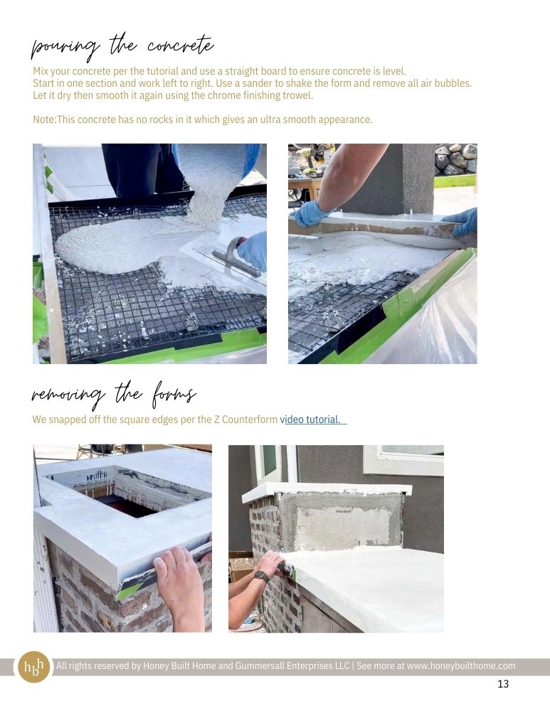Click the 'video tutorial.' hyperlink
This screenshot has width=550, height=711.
pos(313,419)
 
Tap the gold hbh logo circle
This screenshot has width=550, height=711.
pos(34,667)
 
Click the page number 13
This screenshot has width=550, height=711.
pos(503,684)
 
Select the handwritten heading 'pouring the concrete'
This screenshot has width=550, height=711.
pos(122,48)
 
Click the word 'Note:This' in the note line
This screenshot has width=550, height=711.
pos(51,119)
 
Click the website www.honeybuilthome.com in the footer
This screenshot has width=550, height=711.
pos(461,666)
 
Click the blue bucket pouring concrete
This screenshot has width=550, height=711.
pos(218,159)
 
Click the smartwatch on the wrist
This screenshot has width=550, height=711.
pos(261,577)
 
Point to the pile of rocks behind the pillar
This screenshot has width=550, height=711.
pos(455,159)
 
